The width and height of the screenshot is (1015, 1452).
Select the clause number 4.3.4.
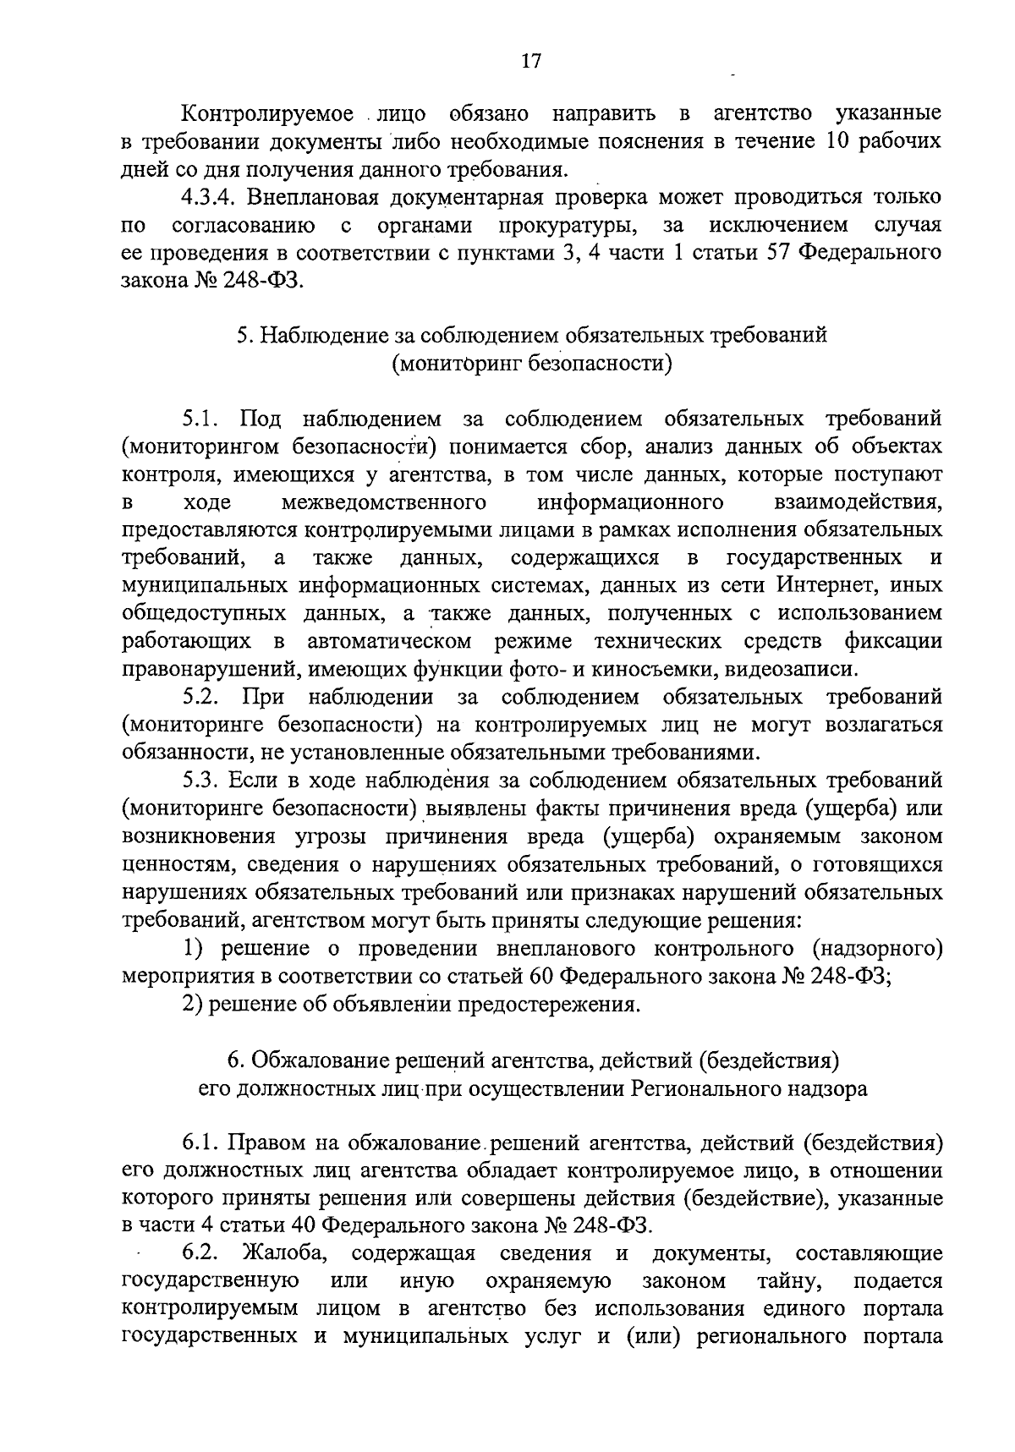pyautogui.click(x=211, y=198)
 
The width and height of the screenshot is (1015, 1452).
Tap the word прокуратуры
pyautogui.click(x=568, y=226)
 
